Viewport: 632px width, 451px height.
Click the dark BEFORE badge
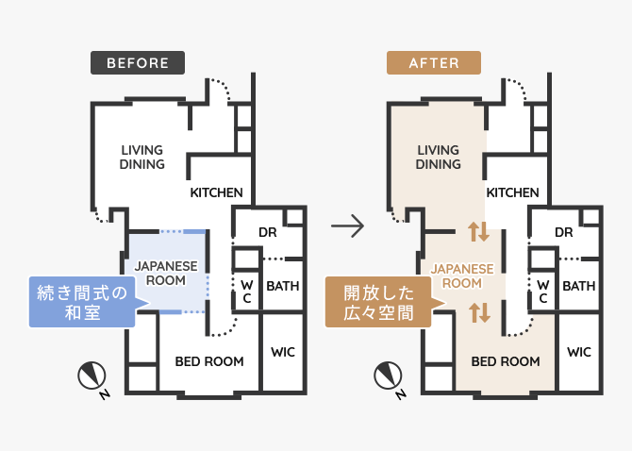click(138, 63)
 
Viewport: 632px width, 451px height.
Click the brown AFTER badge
click(434, 63)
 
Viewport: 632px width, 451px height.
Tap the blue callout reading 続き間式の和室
click(82, 302)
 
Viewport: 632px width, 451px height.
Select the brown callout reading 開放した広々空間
click(379, 302)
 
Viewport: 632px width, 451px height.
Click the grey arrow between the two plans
click(347, 225)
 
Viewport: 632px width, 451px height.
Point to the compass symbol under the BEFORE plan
click(92, 376)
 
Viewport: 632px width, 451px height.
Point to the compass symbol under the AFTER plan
click(389, 376)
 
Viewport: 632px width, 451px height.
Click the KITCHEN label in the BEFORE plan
click(216, 192)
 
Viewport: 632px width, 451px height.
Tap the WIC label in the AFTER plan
click(579, 352)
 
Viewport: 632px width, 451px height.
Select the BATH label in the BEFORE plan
click(283, 286)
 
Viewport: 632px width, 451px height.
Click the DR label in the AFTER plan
click(563, 232)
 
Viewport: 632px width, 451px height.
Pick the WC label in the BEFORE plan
click(247, 292)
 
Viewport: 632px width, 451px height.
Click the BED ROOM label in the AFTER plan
click(506, 361)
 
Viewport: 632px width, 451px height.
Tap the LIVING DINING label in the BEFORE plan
click(142, 158)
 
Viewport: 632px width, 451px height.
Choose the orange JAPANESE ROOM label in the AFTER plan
click(462, 276)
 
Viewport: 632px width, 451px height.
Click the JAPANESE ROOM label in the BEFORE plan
click(166, 274)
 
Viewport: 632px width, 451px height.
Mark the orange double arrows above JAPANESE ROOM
click(479, 232)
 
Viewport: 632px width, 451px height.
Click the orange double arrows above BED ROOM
click(479, 312)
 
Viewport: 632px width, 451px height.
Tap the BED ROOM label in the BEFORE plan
click(209, 361)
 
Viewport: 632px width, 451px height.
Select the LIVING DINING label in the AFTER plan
click(438, 158)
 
